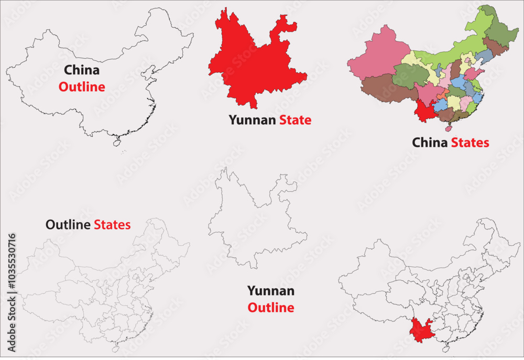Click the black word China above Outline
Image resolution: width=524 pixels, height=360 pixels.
[x=82, y=70]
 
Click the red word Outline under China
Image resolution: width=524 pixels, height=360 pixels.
[x=82, y=87]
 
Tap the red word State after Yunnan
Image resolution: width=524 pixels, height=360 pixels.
[x=295, y=120]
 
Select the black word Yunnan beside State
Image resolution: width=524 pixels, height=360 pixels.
[x=252, y=121]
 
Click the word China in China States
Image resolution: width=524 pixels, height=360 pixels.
[x=430, y=143]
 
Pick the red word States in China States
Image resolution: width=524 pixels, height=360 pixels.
[x=470, y=143]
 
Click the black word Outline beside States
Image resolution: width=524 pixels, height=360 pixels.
[x=68, y=225]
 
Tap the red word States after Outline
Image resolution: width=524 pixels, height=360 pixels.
[x=112, y=225]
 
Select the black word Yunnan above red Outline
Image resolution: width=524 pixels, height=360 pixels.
[x=270, y=291]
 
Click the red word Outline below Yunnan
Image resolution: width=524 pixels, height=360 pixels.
[x=270, y=308]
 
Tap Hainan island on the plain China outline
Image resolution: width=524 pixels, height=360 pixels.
[x=116, y=141]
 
